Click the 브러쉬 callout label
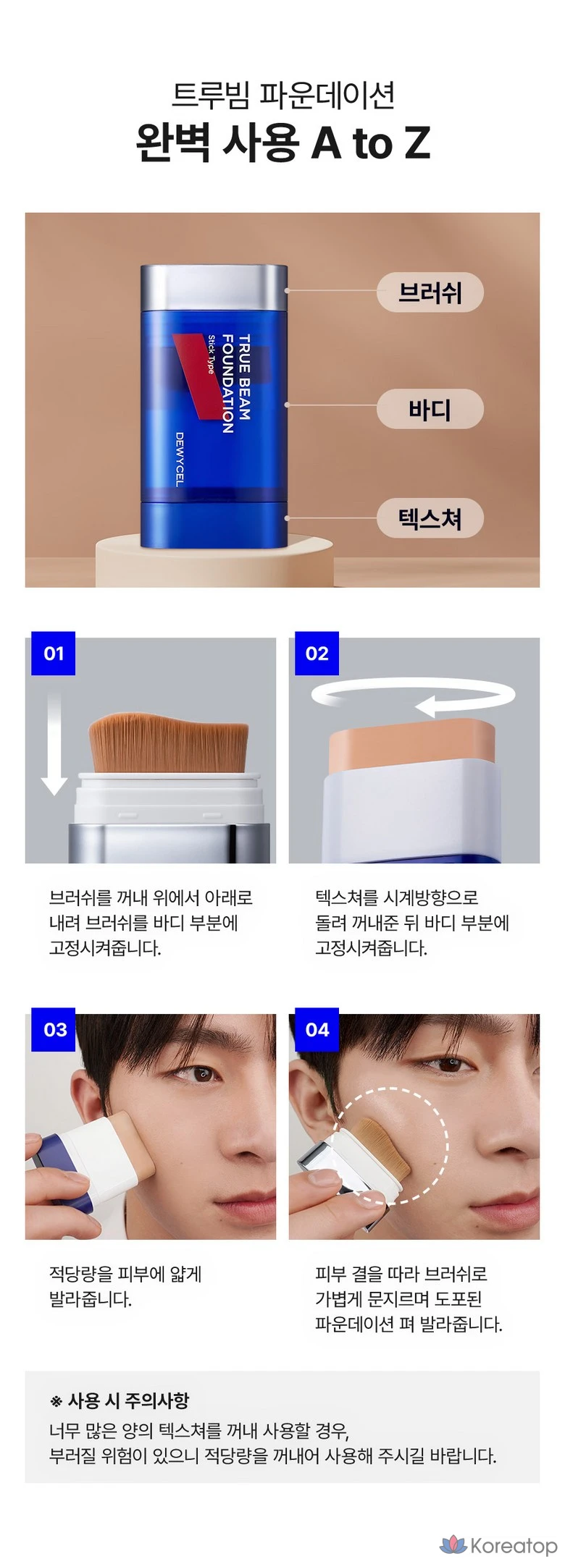click(430, 292)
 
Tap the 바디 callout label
click(430, 409)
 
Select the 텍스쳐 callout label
click(430, 518)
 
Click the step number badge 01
click(54, 653)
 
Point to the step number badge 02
click(317, 653)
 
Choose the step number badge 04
click(317, 1029)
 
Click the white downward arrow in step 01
click(54, 743)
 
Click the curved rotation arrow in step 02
click(413, 697)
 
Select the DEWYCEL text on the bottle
click(180, 459)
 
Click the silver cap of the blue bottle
click(214, 288)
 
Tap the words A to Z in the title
click(370, 143)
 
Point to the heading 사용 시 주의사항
click(128, 1400)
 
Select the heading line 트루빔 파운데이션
click(283, 95)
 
